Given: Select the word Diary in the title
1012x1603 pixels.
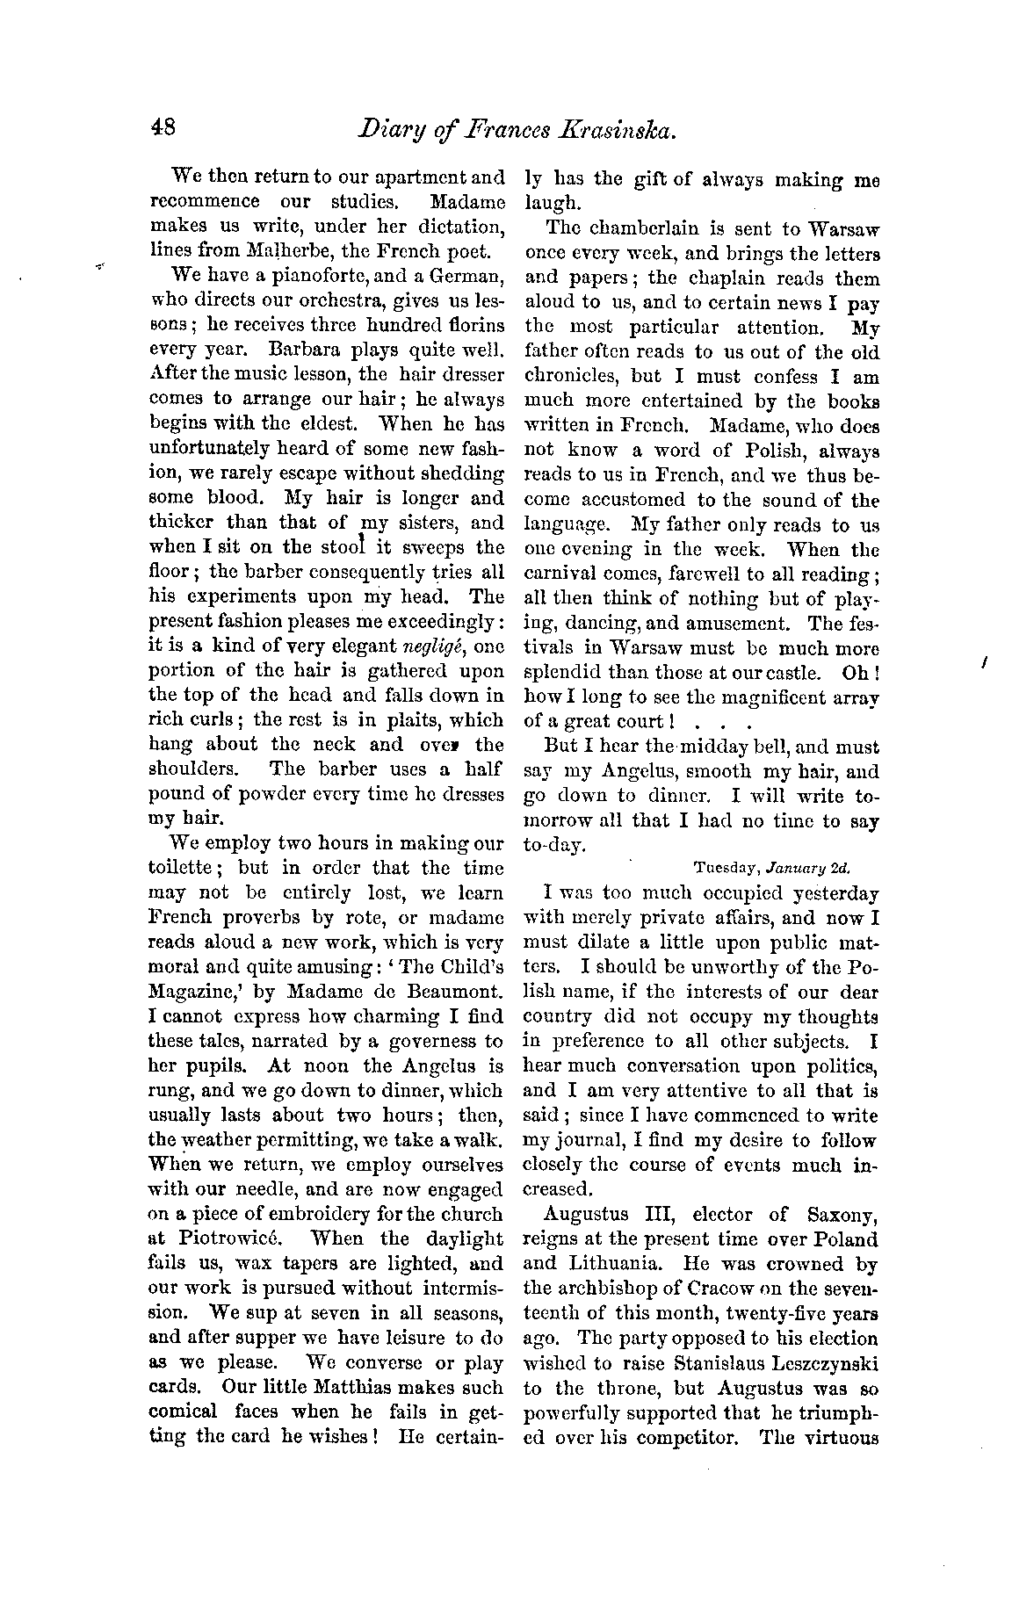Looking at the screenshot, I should (391, 131).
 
